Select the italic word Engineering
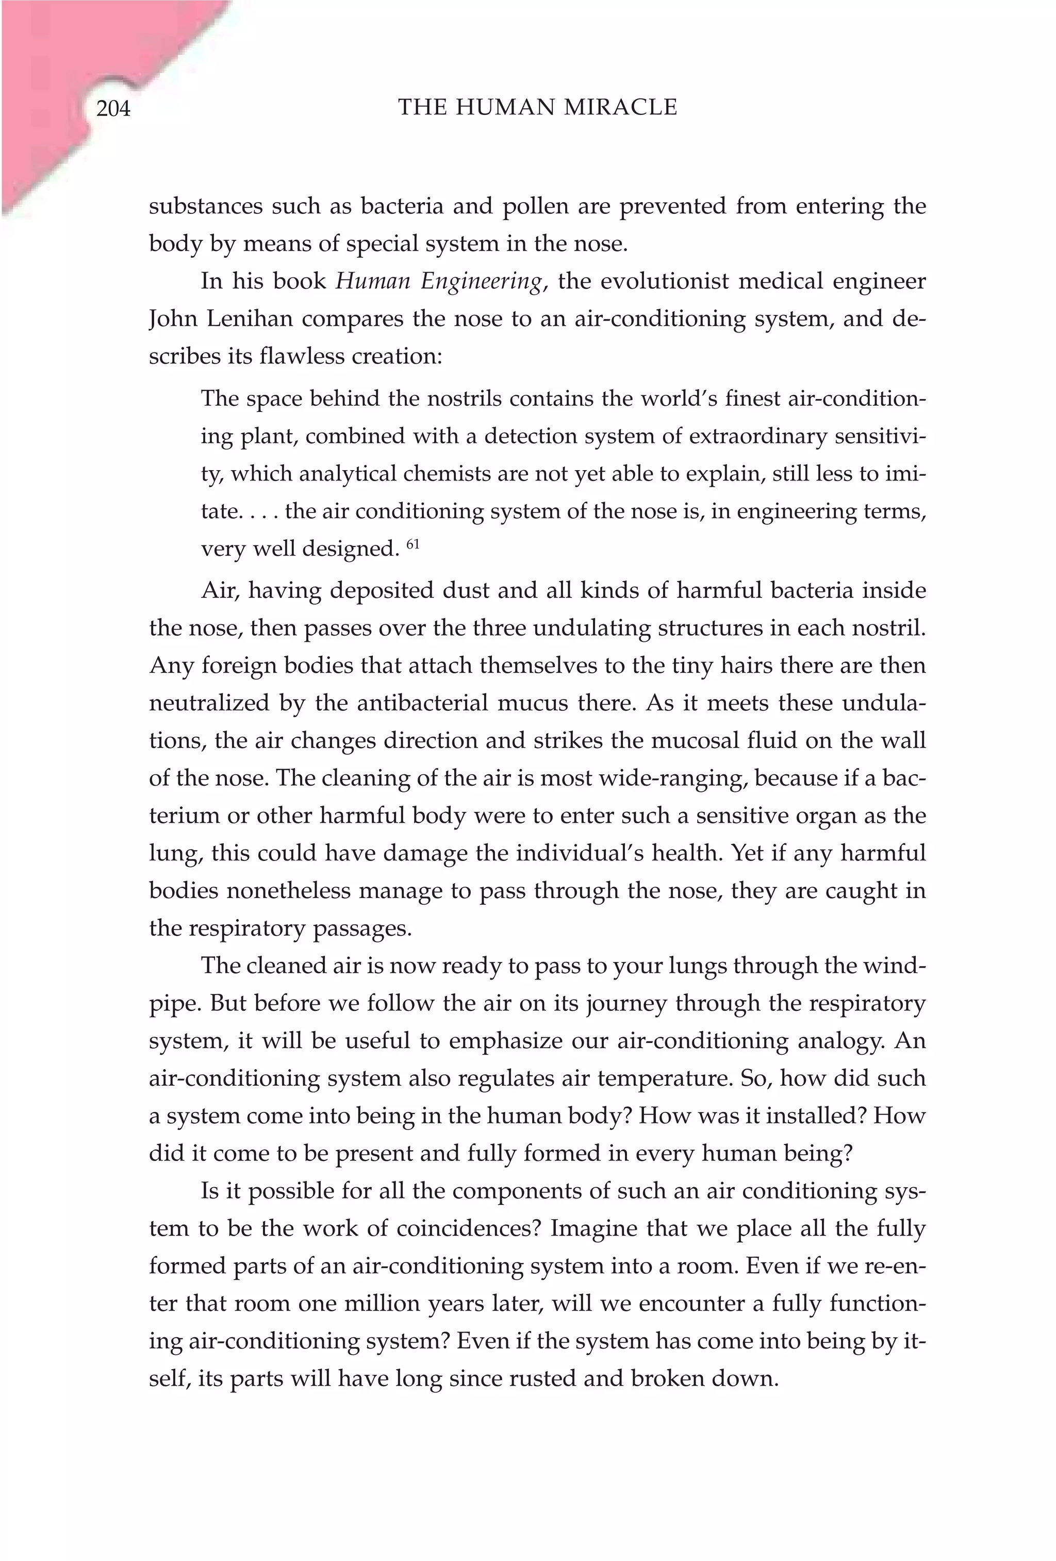coord(481,282)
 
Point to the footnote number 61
coord(412,545)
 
